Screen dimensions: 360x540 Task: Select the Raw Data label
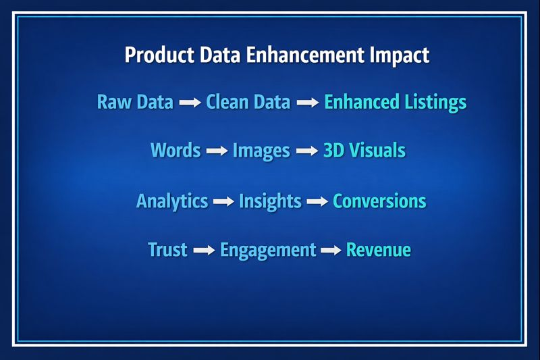pos(135,103)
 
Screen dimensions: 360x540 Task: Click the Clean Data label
pos(248,103)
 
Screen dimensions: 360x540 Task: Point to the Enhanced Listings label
pos(395,103)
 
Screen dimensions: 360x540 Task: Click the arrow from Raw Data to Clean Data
pos(190,103)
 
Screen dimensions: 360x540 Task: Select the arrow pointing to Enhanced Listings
pos(307,103)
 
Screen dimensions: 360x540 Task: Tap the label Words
pos(175,150)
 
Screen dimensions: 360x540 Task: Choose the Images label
pos(261,150)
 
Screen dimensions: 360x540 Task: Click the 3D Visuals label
pos(364,150)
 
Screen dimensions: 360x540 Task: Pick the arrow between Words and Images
pos(216,151)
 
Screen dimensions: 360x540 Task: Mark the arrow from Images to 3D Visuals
pos(306,151)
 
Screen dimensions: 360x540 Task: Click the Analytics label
pos(172,201)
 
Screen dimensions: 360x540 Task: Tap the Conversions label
pos(379,201)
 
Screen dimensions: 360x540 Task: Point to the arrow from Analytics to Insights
pos(223,202)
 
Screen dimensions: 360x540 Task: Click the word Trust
pos(167,250)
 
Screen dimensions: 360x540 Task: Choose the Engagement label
pos(268,251)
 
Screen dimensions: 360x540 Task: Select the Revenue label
pos(378,250)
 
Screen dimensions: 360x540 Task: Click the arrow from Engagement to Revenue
pos(331,251)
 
